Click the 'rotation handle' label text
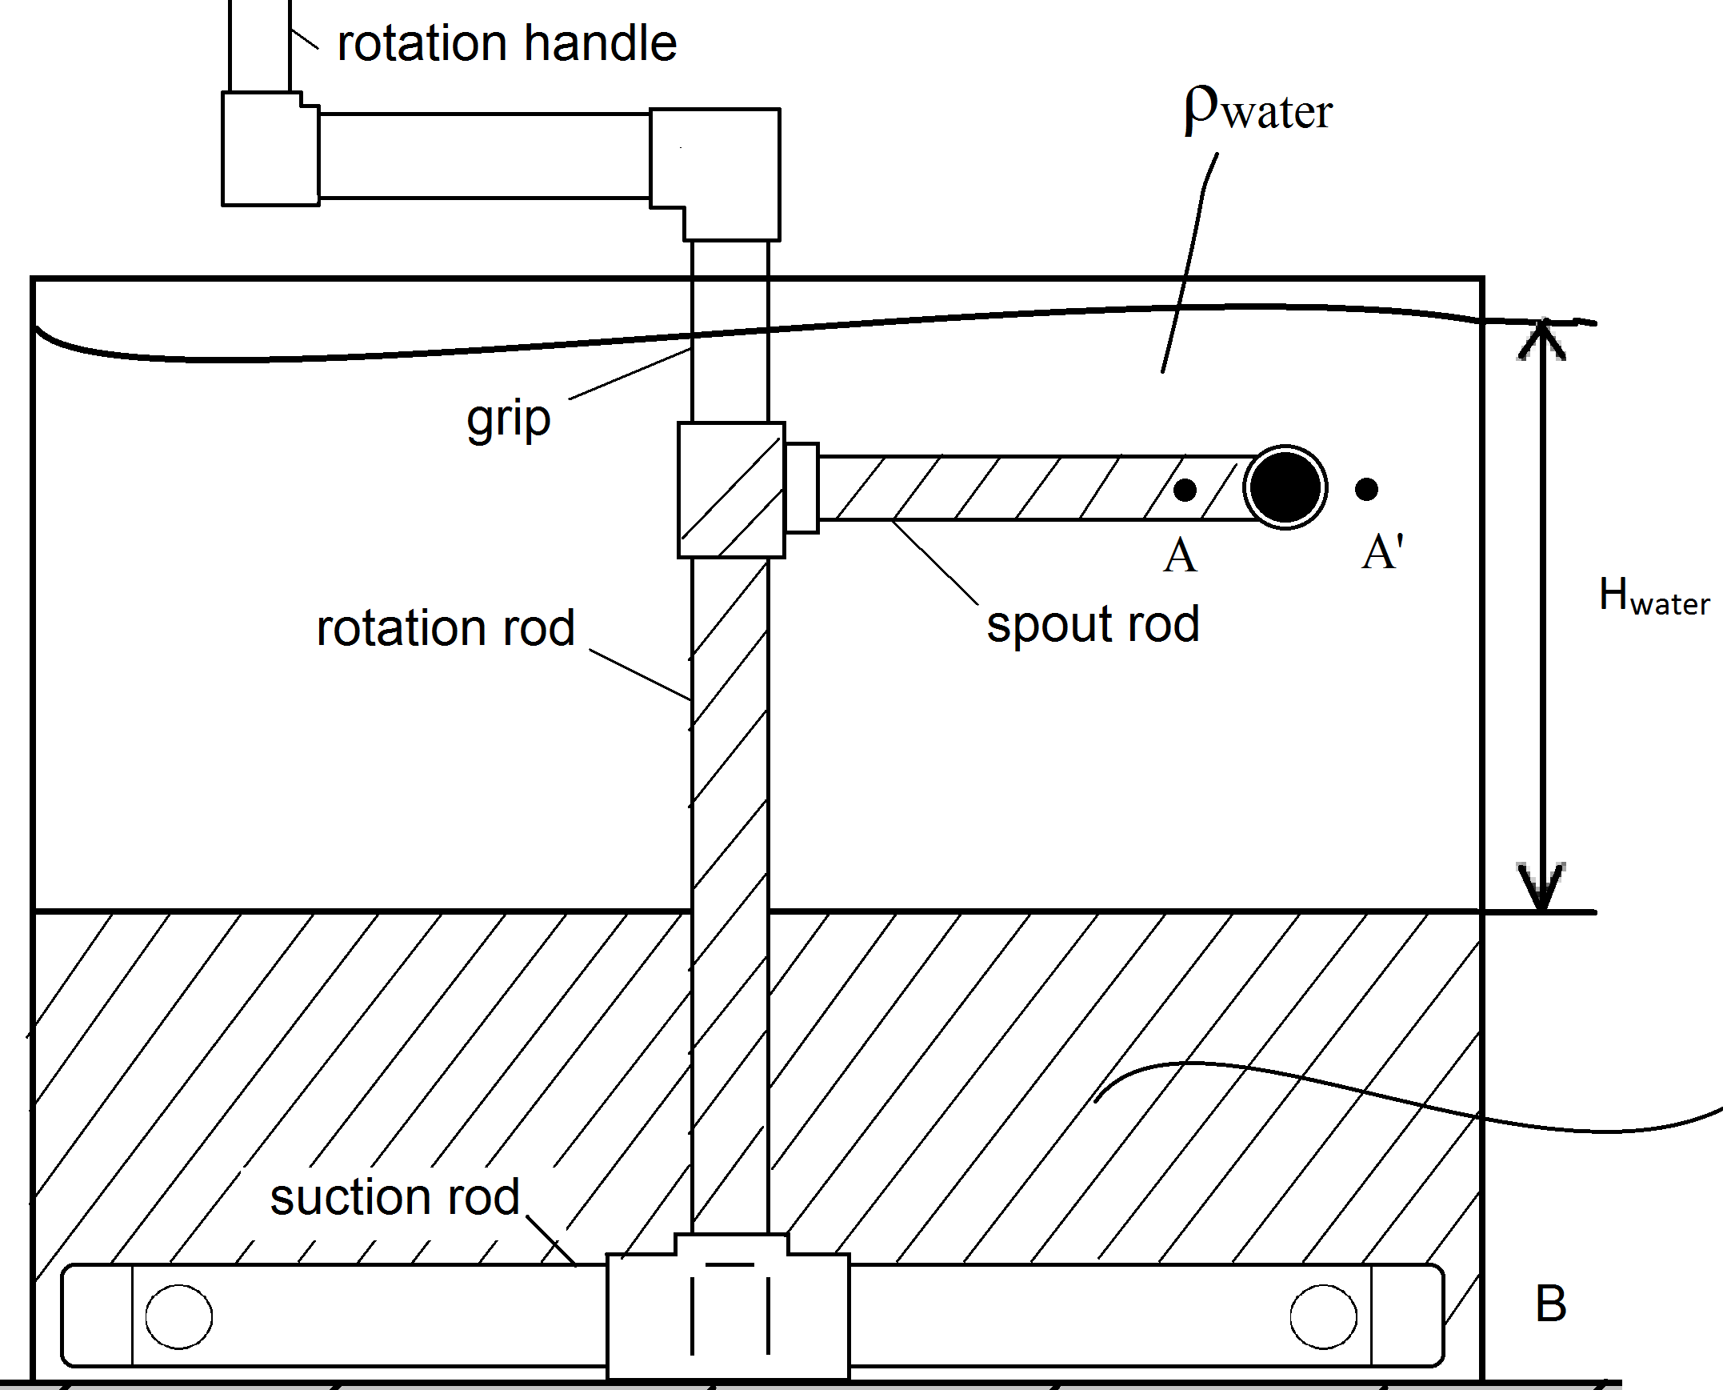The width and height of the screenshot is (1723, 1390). coord(506,43)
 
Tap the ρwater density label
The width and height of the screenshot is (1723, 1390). coord(1258,110)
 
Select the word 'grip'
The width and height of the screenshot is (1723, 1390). coord(508,419)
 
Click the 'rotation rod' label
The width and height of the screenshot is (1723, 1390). coord(446,627)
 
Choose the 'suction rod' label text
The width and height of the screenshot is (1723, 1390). coord(394,1198)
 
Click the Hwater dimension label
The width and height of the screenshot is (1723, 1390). coord(1654,596)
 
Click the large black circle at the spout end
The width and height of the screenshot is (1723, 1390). coord(1285,487)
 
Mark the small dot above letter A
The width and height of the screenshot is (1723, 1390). coord(1185,489)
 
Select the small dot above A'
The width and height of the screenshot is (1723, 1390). coord(1366,488)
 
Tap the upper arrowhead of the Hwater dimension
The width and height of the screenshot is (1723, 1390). coord(1542,339)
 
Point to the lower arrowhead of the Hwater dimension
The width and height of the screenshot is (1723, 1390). coord(1542,887)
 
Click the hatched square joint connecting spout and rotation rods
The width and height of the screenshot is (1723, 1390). coord(731,490)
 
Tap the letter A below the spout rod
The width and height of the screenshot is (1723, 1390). coord(1181,555)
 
